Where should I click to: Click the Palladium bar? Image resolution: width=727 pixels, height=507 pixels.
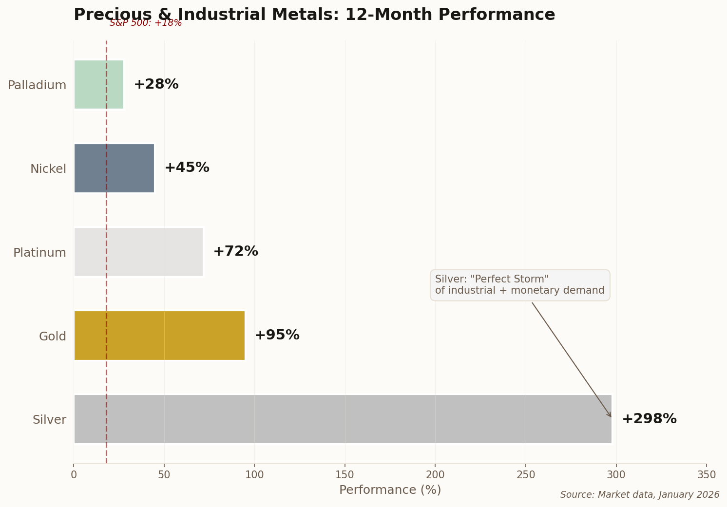pyautogui.click(x=99, y=85)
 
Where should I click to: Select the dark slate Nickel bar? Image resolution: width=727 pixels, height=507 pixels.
pyautogui.click(x=114, y=168)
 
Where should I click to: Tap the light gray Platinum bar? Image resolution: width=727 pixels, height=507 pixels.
pyautogui.click(x=138, y=252)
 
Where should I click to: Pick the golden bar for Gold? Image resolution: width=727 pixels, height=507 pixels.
pyautogui.click(x=159, y=336)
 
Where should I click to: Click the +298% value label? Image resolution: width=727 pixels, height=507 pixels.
pyautogui.click(x=649, y=419)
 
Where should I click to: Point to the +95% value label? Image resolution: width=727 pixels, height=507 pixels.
pyautogui.click(x=277, y=335)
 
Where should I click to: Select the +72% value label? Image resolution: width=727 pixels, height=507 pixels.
pyautogui.click(x=235, y=251)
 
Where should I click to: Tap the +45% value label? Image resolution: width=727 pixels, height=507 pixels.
pyautogui.click(x=187, y=168)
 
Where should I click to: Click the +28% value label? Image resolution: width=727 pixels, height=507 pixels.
pyautogui.click(x=156, y=84)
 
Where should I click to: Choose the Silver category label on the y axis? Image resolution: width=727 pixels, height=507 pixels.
pyautogui.click(x=49, y=420)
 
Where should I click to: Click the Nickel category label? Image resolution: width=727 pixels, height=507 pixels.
pyautogui.click(x=48, y=169)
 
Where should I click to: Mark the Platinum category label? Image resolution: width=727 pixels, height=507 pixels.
pyautogui.click(x=39, y=253)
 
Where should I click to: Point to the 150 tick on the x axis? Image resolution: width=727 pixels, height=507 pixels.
pyautogui.click(x=345, y=474)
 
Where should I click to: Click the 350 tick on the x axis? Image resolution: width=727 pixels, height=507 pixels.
pyautogui.click(x=707, y=474)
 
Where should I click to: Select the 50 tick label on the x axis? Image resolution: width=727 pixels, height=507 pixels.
pyautogui.click(x=164, y=474)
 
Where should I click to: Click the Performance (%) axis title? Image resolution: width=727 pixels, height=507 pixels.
pyautogui.click(x=390, y=490)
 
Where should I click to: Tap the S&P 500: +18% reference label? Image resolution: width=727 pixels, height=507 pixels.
pyautogui.click(x=146, y=23)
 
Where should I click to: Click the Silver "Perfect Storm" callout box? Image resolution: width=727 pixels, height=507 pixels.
pyautogui.click(x=519, y=285)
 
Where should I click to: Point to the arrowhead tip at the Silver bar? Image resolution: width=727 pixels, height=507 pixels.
pyautogui.click(x=611, y=417)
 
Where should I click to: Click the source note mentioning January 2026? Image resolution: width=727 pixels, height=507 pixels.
pyautogui.click(x=639, y=495)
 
